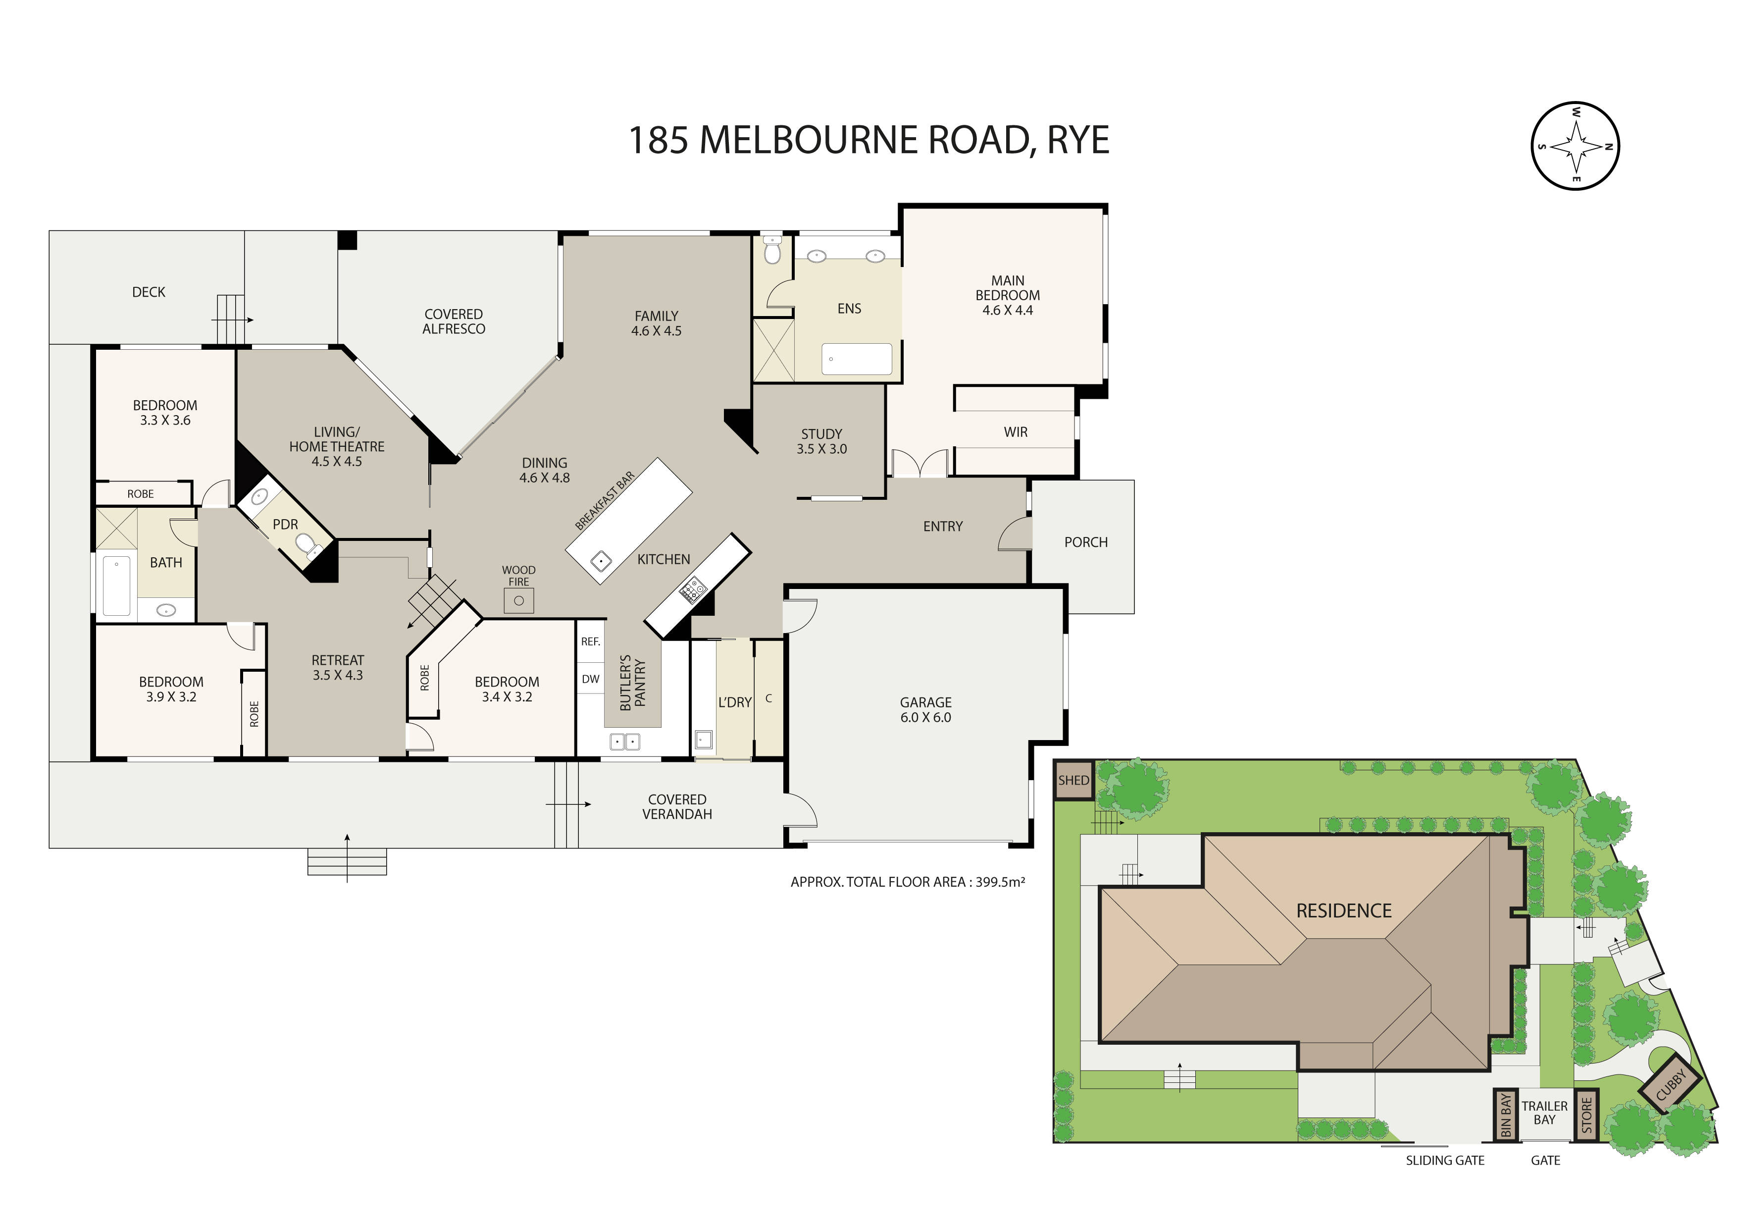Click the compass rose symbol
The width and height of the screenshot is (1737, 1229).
tap(1575, 145)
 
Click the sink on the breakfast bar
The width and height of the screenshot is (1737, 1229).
tap(601, 562)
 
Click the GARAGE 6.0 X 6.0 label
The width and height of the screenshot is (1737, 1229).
tap(925, 710)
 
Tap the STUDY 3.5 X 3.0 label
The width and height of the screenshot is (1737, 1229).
tap(821, 441)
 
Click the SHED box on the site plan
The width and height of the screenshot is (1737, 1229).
tap(1073, 780)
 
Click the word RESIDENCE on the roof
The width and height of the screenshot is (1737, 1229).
tap(1344, 911)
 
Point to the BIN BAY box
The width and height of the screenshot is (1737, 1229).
tap(1505, 1114)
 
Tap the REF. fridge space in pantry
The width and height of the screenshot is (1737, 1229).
tap(590, 641)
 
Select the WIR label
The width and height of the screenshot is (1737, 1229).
tap(1015, 432)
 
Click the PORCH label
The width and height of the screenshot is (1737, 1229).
tap(1085, 542)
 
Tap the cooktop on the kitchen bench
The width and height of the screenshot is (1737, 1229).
tap(692, 589)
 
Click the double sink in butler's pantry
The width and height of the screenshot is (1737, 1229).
tap(625, 742)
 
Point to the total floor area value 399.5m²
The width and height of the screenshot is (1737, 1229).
tap(1000, 882)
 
